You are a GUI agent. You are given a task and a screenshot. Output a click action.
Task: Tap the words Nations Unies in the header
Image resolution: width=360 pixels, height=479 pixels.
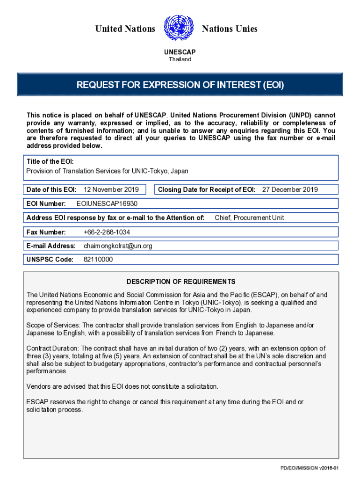[x=230, y=29]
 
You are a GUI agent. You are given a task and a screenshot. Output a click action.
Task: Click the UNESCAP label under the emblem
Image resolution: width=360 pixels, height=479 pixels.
[x=180, y=52]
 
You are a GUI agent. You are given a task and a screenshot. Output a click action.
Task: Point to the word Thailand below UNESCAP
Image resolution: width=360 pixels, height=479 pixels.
[x=180, y=59]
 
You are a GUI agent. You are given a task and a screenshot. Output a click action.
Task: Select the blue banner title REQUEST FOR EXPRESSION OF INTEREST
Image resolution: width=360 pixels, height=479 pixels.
[x=180, y=85]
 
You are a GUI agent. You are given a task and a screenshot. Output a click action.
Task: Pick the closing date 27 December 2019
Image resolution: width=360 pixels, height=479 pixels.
[x=290, y=189]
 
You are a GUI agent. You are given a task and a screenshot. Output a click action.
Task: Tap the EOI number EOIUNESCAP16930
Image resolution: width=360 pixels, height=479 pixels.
[x=107, y=203]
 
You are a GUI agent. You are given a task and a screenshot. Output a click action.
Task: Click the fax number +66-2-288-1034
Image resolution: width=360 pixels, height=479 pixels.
[x=107, y=232]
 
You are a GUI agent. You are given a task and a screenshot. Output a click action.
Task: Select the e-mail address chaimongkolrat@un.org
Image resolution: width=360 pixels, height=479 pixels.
[x=117, y=246]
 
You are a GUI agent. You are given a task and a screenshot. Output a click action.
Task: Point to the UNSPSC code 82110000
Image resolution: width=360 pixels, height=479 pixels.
[x=98, y=260]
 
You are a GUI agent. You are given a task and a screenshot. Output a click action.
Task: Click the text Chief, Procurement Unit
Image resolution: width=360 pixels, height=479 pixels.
[x=249, y=218]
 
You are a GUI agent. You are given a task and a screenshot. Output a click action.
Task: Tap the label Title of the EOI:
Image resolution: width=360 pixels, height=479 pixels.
[x=50, y=161]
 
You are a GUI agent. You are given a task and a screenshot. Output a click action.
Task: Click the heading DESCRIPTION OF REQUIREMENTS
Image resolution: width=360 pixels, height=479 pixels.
[x=181, y=282]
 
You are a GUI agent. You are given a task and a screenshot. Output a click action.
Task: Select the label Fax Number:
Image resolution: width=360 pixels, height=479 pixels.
[x=46, y=232]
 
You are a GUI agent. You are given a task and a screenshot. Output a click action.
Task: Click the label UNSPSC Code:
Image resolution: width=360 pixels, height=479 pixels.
[x=50, y=260]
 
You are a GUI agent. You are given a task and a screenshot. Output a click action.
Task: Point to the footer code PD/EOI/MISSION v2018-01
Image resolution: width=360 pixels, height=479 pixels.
[x=309, y=468]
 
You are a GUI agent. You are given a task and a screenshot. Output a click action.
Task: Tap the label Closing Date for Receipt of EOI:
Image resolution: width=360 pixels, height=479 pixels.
[x=207, y=189]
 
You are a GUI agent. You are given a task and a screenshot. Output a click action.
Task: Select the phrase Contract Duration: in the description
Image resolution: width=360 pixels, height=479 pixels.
[x=53, y=348]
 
